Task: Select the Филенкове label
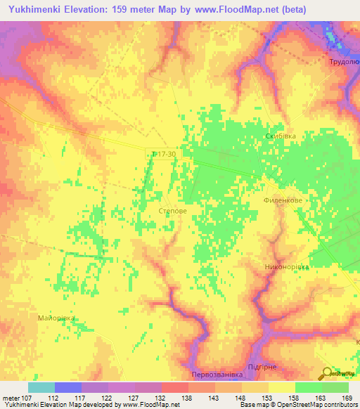pyautogui.click(x=283, y=199)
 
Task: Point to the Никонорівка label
pyautogui.click(x=286, y=266)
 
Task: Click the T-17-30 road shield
pyautogui.click(x=162, y=153)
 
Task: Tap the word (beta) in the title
pyautogui.click(x=292, y=9)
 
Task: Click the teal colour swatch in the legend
pyautogui.click(x=41, y=387)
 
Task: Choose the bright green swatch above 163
pyautogui.click(x=308, y=387)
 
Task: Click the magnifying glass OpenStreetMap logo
pyautogui.click(x=328, y=375)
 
